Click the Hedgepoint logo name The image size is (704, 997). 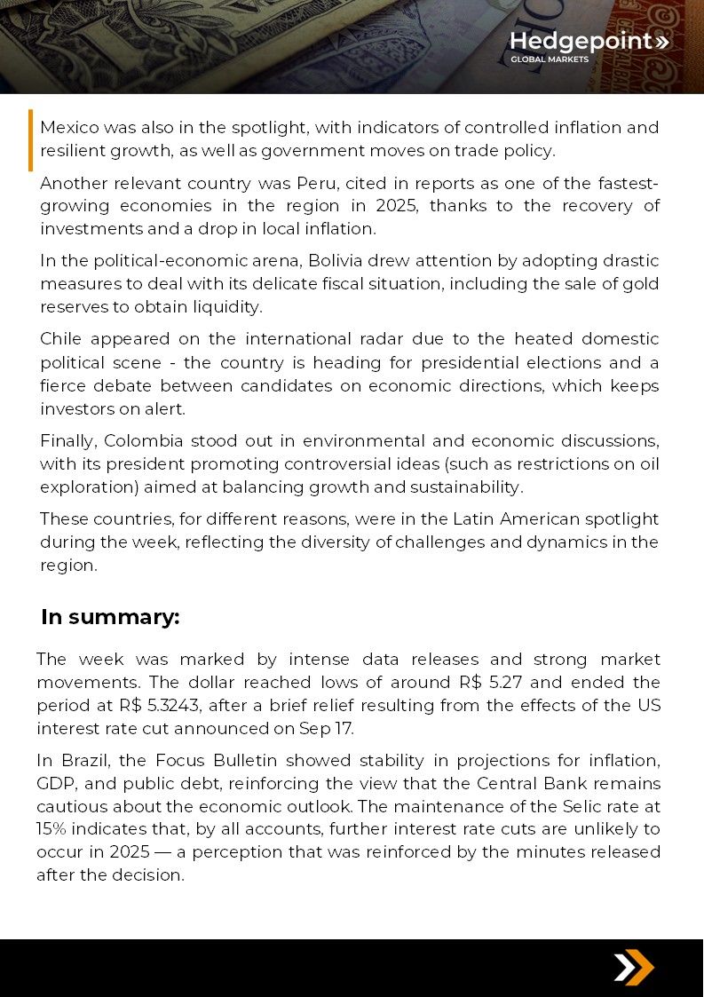pos(581,42)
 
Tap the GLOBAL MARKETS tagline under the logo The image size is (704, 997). pos(549,60)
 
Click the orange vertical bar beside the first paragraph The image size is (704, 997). pos(30,139)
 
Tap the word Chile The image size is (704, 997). pos(62,339)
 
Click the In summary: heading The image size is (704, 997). pos(110,617)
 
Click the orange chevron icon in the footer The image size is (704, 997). pos(634,967)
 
